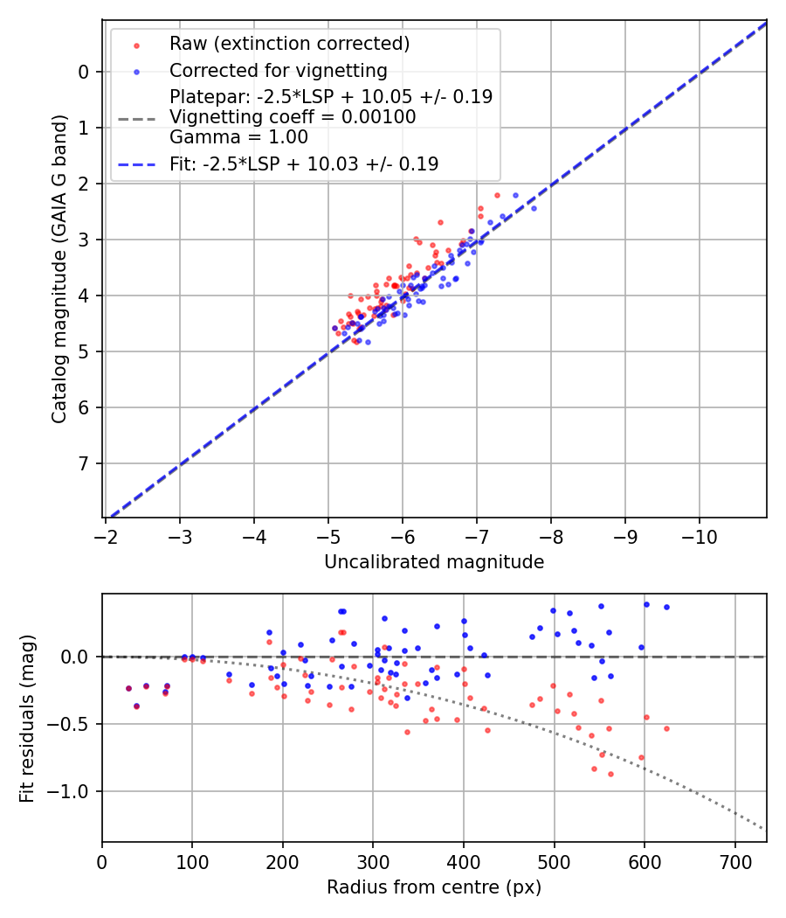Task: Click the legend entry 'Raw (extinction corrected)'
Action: tap(289, 44)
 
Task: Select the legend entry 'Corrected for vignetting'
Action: tap(279, 71)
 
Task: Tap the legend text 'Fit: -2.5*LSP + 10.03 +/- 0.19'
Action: tap(304, 163)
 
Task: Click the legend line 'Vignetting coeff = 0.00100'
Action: tap(293, 117)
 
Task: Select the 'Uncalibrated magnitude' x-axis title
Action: tap(434, 562)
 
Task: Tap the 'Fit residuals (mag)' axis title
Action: tap(27, 718)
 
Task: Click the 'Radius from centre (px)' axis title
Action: tap(434, 887)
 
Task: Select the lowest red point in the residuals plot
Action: tap(610, 774)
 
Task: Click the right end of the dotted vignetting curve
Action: tap(763, 829)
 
